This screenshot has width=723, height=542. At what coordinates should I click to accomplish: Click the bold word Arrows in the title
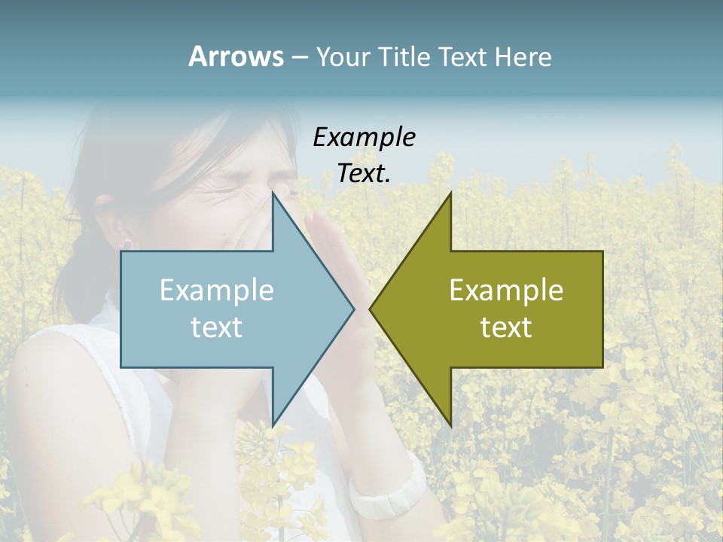pos(236,56)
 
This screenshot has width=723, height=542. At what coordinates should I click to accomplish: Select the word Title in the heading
pos(406,57)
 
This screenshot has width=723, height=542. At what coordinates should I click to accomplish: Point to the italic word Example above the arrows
pos(364,138)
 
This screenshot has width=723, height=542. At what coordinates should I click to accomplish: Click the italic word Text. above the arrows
pos(364,174)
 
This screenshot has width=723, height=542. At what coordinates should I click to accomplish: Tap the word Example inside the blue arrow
pos(217,291)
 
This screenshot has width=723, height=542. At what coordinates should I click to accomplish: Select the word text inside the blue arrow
pos(217,327)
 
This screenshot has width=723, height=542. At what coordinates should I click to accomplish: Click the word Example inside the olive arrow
pos(506,291)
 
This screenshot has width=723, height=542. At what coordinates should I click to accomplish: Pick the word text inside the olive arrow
pos(506,327)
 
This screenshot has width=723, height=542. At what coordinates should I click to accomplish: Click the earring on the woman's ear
pos(127,244)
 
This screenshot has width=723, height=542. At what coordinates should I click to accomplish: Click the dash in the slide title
pos(299,58)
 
